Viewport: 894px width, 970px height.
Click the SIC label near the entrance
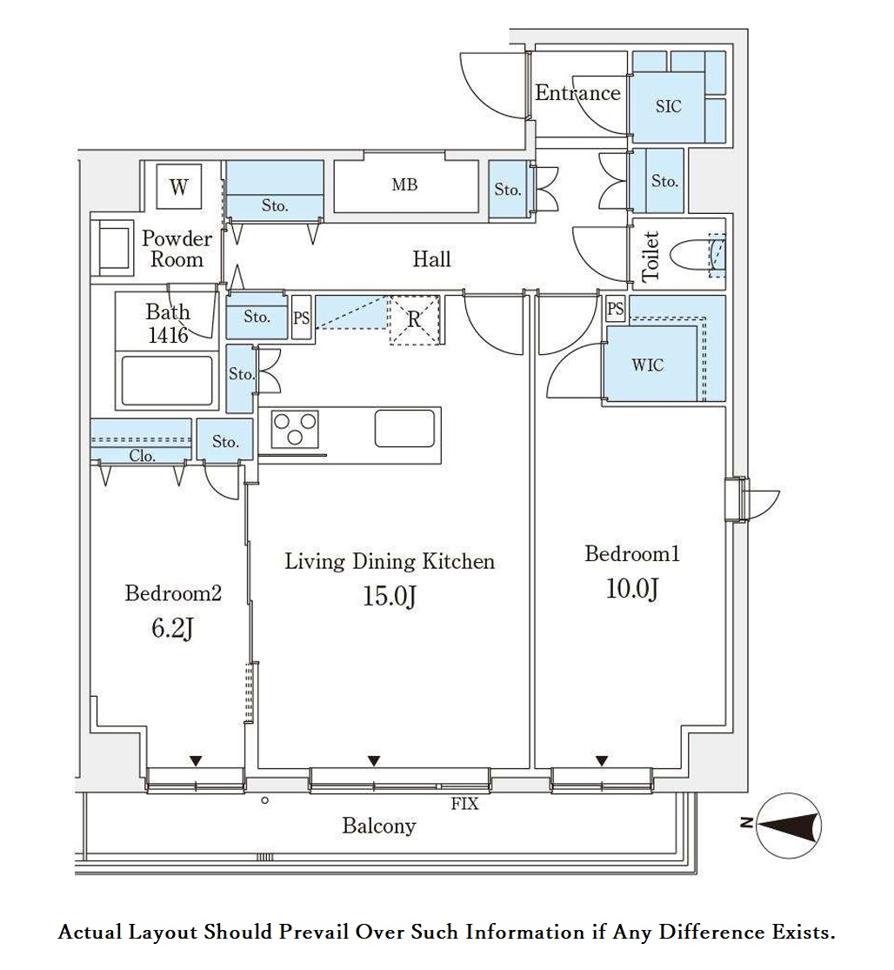(669, 106)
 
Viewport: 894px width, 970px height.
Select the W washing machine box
(178, 186)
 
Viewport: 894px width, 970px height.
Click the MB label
(404, 184)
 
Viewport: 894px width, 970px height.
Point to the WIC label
(647, 365)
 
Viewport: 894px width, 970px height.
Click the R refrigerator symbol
(414, 320)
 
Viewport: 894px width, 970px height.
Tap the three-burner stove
(295, 429)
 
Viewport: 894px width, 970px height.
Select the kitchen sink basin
(404, 428)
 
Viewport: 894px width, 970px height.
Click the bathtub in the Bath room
(167, 380)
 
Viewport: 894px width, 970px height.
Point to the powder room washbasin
(113, 248)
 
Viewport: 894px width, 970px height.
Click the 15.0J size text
(389, 596)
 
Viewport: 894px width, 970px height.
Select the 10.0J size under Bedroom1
(632, 588)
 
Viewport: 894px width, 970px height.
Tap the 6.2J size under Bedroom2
(172, 628)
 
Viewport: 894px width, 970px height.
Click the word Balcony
(379, 826)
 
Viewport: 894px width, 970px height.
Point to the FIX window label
(465, 804)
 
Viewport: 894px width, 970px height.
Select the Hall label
(431, 258)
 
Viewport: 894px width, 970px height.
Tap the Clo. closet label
(142, 456)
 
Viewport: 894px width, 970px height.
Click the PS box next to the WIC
(615, 307)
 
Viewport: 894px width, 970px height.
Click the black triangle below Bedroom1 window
(602, 761)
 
